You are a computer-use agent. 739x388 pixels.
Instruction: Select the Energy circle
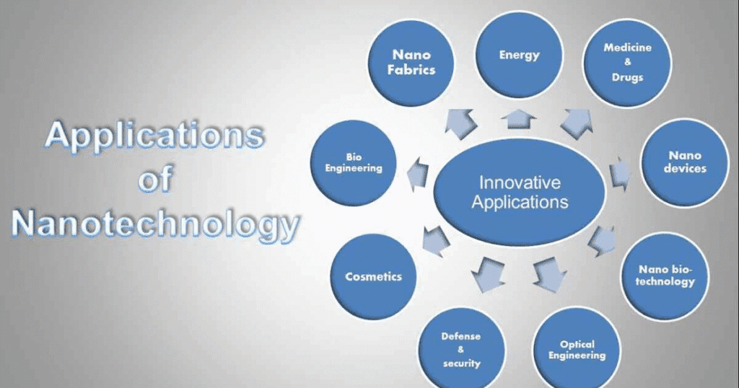pyautogui.click(x=520, y=55)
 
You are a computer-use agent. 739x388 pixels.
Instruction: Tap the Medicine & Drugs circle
pyautogui.click(x=626, y=62)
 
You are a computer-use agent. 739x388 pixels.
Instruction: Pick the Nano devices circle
pyautogui.click(x=686, y=162)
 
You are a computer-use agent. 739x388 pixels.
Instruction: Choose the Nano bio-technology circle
pyautogui.click(x=665, y=276)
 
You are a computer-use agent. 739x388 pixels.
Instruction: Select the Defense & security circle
pyautogui.click(x=462, y=350)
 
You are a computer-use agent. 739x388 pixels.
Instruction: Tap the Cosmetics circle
pyautogui.click(x=373, y=276)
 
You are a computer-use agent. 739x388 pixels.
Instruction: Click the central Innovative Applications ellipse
pyautogui.click(x=520, y=192)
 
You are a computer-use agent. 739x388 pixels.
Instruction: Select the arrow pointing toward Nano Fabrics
pyautogui.click(x=461, y=122)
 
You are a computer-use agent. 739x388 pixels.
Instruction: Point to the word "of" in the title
pyautogui.click(x=154, y=180)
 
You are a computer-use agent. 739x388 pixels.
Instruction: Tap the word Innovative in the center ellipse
pyautogui.click(x=520, y=182)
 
